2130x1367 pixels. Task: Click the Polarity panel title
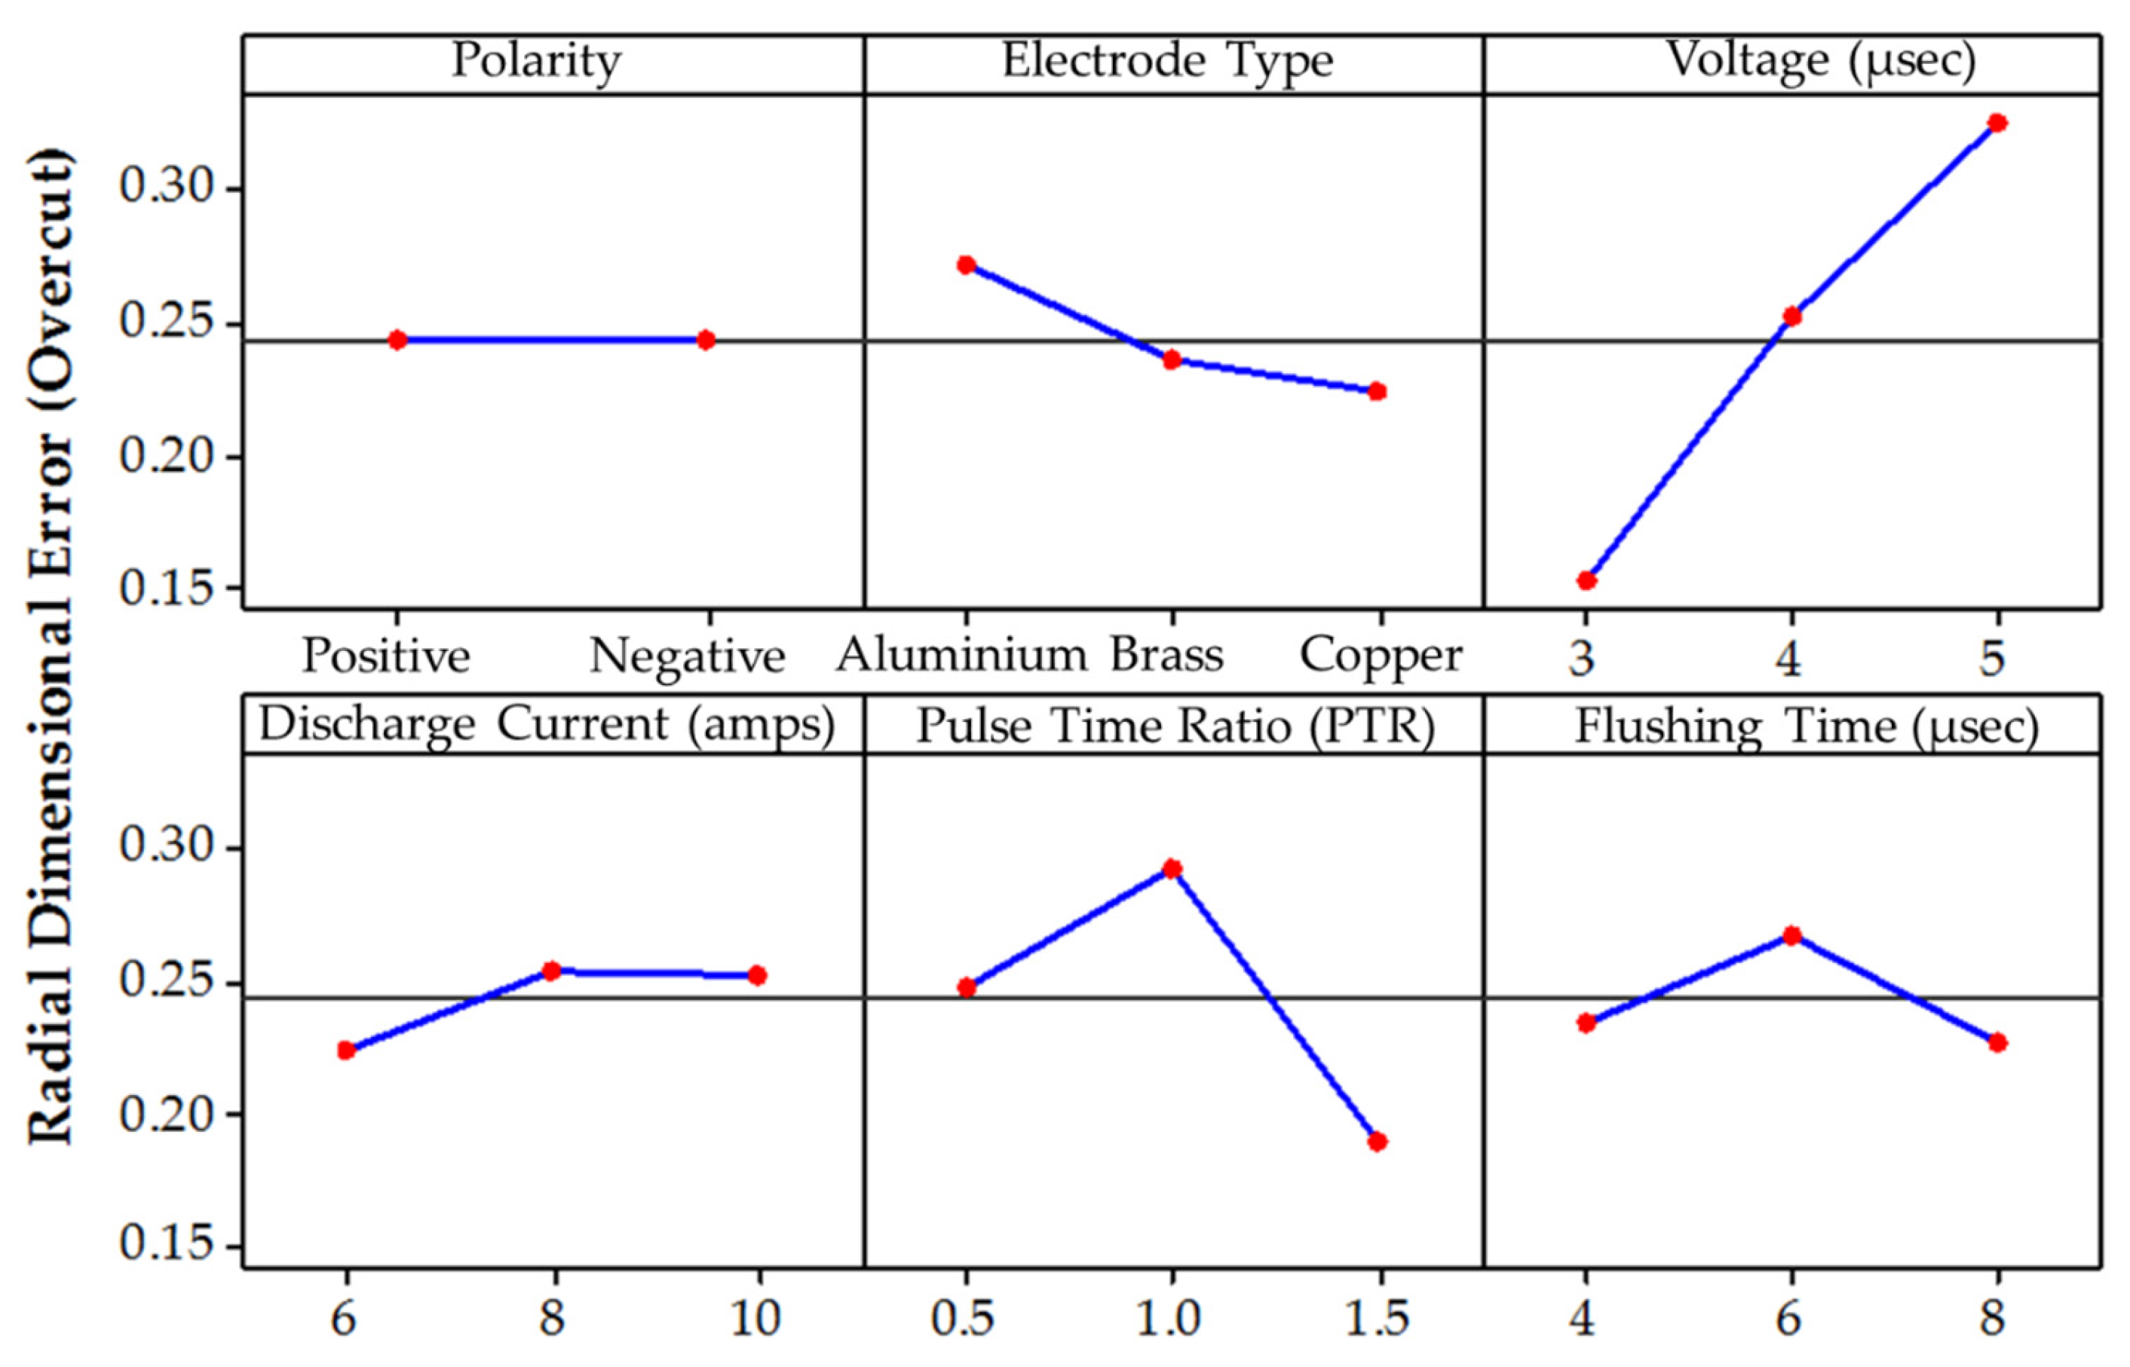tap(536, 62)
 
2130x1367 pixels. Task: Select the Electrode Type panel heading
tap(1168, 62)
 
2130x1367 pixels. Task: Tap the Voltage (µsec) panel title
tap(1820, 62)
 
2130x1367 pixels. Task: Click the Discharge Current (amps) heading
tap(547, 725)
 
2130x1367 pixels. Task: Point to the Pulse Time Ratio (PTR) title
tap(1175, 726)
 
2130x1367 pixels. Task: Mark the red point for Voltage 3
tap(1586, 580)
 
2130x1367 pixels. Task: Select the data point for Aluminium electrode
tap(967, 265)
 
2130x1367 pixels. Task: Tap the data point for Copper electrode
tap(1377, 391)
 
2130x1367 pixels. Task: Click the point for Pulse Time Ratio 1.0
tap(1172, 868)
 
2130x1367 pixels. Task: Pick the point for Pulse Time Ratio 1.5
tap(1377, 1142)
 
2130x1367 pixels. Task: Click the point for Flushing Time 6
tap(1791, 936)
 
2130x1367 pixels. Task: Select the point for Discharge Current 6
tap(346, 1050)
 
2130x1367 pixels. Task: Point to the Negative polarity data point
tap(706, 340)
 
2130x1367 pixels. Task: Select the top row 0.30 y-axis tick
tap(168, 188)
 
